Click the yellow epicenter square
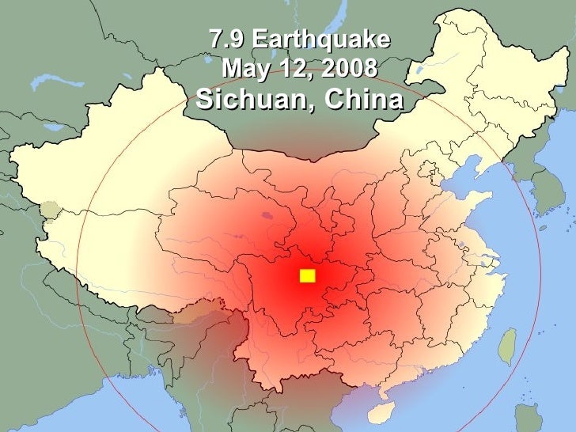point(307,275)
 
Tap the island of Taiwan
point(506,345)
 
